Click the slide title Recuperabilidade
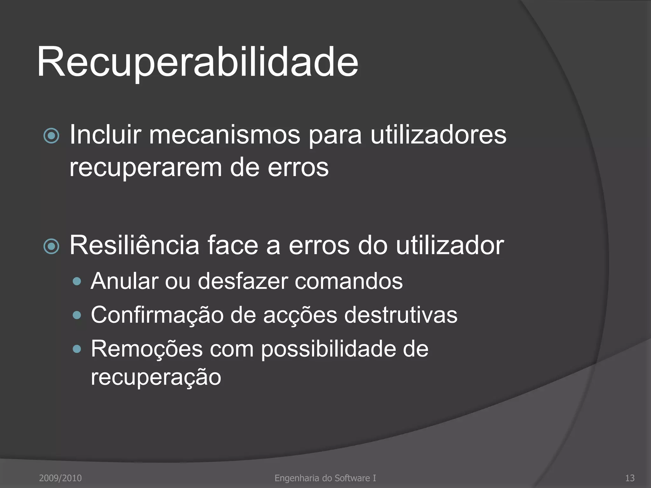pyautogui.click(x=197, y=62)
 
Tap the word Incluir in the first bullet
pyautogui.click(x=105, y=135)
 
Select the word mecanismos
pyautogui.click(x=224, y=135)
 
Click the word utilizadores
pyautogui.click(x=438, y=135)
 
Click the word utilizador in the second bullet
pyautogui.click(x=450, y=245)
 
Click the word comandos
pyautogui.click(x=348, y=281)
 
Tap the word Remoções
pyautogui.click(x=147, y=349)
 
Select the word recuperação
pyautogui.click(x=156, y=377)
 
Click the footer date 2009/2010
pyautogui.click(x=60, y=478)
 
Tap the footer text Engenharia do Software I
pyautogui.click(x=325, y=478)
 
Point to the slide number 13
pyautogui.click(x=630, y=478)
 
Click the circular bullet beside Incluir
pyautogui.click(x=51, y=136)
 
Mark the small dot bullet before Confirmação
pyautogui.click(x=77, y=315)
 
